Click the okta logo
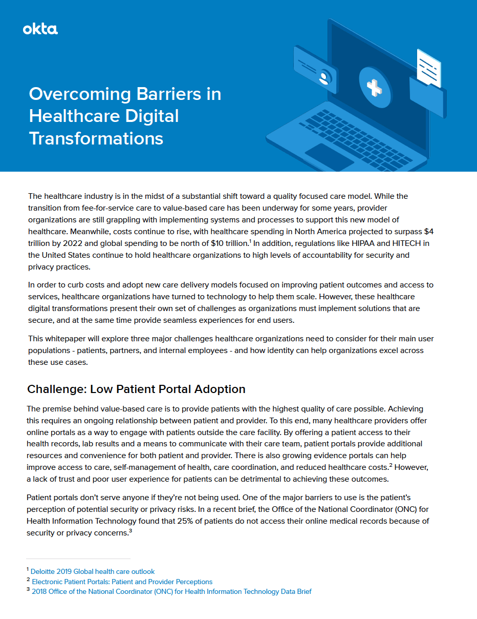pyautogui.click(x=40, y=29)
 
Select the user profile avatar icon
pyautogui.click(x=324, y=77)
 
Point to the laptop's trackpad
pyautogui.click(x=329, y=156)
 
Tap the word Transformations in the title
pyautogui.click(x=96, y=138)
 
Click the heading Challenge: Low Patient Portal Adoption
pyautogui.click(x=136, y=389)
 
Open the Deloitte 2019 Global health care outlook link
pyautogui.click(x=93, y=571)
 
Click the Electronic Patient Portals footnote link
pyautogui.click(x=122, y=582)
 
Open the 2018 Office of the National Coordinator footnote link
pyautogui.click(x=171, y=591)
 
